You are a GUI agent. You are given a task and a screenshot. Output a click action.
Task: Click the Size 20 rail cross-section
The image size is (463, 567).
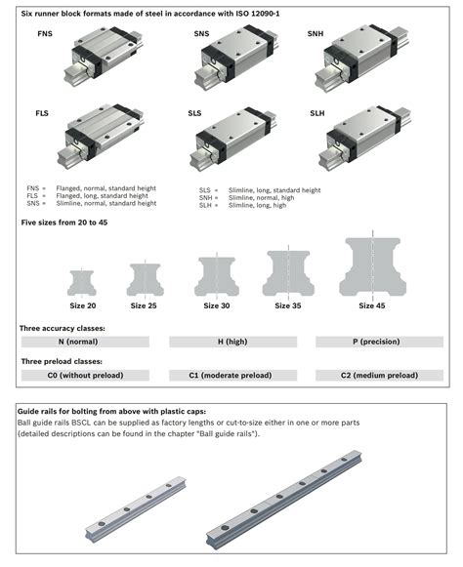pos(83,282)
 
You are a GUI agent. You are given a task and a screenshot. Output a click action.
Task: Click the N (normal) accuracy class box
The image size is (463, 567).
pos(84,342)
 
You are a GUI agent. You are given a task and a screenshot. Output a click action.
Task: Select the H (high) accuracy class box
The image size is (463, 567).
pos(231,342)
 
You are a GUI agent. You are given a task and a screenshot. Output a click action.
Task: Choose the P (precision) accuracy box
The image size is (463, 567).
pos(379,342)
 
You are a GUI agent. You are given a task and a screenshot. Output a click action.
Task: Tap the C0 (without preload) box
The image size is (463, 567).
pos(84,375)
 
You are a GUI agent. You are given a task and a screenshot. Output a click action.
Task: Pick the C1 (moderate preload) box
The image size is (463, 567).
pos(231,375)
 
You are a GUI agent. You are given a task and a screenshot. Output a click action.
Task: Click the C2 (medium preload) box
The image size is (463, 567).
pos(379,375)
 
